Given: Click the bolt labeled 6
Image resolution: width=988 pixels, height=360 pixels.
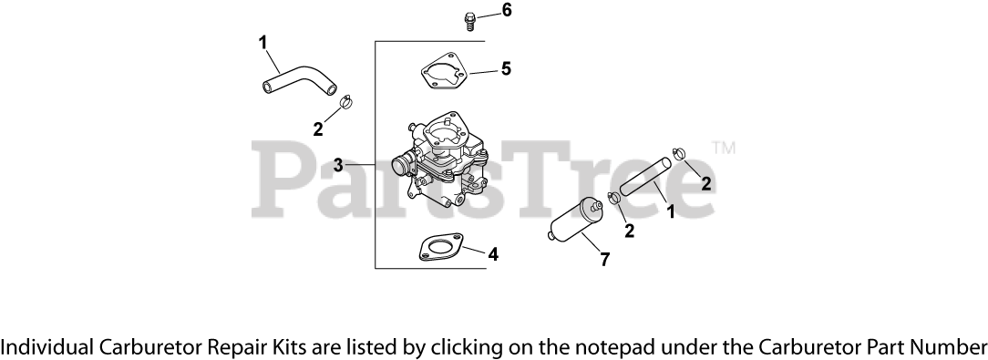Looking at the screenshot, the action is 468,22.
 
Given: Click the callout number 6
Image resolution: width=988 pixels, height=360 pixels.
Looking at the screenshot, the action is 507,11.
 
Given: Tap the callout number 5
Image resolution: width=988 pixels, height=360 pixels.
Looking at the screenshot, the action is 506,68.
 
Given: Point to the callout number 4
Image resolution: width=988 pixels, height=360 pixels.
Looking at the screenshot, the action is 493,254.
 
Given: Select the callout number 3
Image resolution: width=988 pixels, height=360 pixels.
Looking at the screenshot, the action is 338,166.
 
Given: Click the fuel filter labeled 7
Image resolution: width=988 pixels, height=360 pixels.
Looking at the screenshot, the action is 574,220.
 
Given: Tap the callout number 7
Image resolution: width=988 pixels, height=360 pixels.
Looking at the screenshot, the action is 605,259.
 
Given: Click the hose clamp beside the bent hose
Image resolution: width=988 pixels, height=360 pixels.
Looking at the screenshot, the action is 347,101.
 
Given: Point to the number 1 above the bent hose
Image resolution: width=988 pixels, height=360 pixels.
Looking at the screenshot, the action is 262,42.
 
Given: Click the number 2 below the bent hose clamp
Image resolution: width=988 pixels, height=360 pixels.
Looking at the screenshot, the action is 317,130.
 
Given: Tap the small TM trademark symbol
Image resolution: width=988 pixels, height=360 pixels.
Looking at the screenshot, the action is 724,148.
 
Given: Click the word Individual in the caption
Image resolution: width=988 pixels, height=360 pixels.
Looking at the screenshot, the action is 46,346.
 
